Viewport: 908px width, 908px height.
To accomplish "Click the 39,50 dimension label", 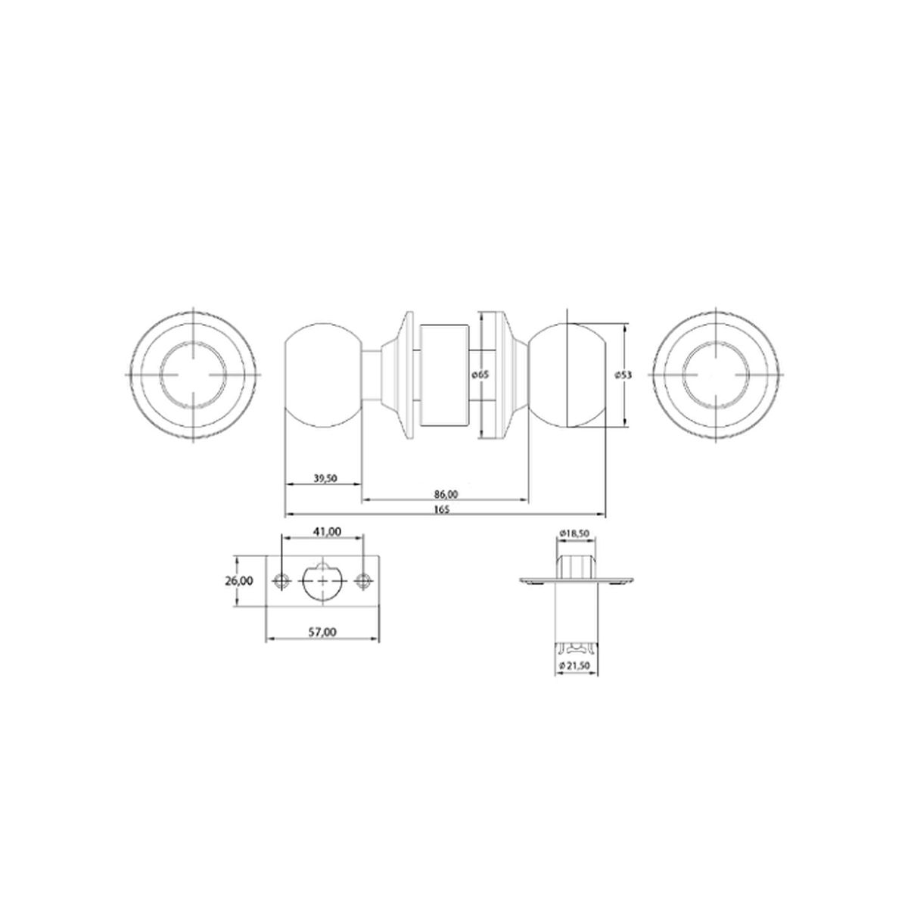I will (325, 478).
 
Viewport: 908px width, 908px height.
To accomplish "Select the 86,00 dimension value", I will (446, 494).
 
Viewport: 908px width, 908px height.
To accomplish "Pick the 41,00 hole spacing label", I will (325, 532).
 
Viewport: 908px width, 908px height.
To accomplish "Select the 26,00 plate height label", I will (239, 581).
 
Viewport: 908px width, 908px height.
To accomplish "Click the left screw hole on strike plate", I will (283, 581).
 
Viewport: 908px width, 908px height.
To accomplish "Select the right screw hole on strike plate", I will (364, 581).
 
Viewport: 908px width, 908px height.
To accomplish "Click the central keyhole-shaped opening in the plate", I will (323, 580).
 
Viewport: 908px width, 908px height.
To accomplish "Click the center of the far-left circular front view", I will (194, 375).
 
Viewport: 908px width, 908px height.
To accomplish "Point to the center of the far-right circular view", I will (714, 375).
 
